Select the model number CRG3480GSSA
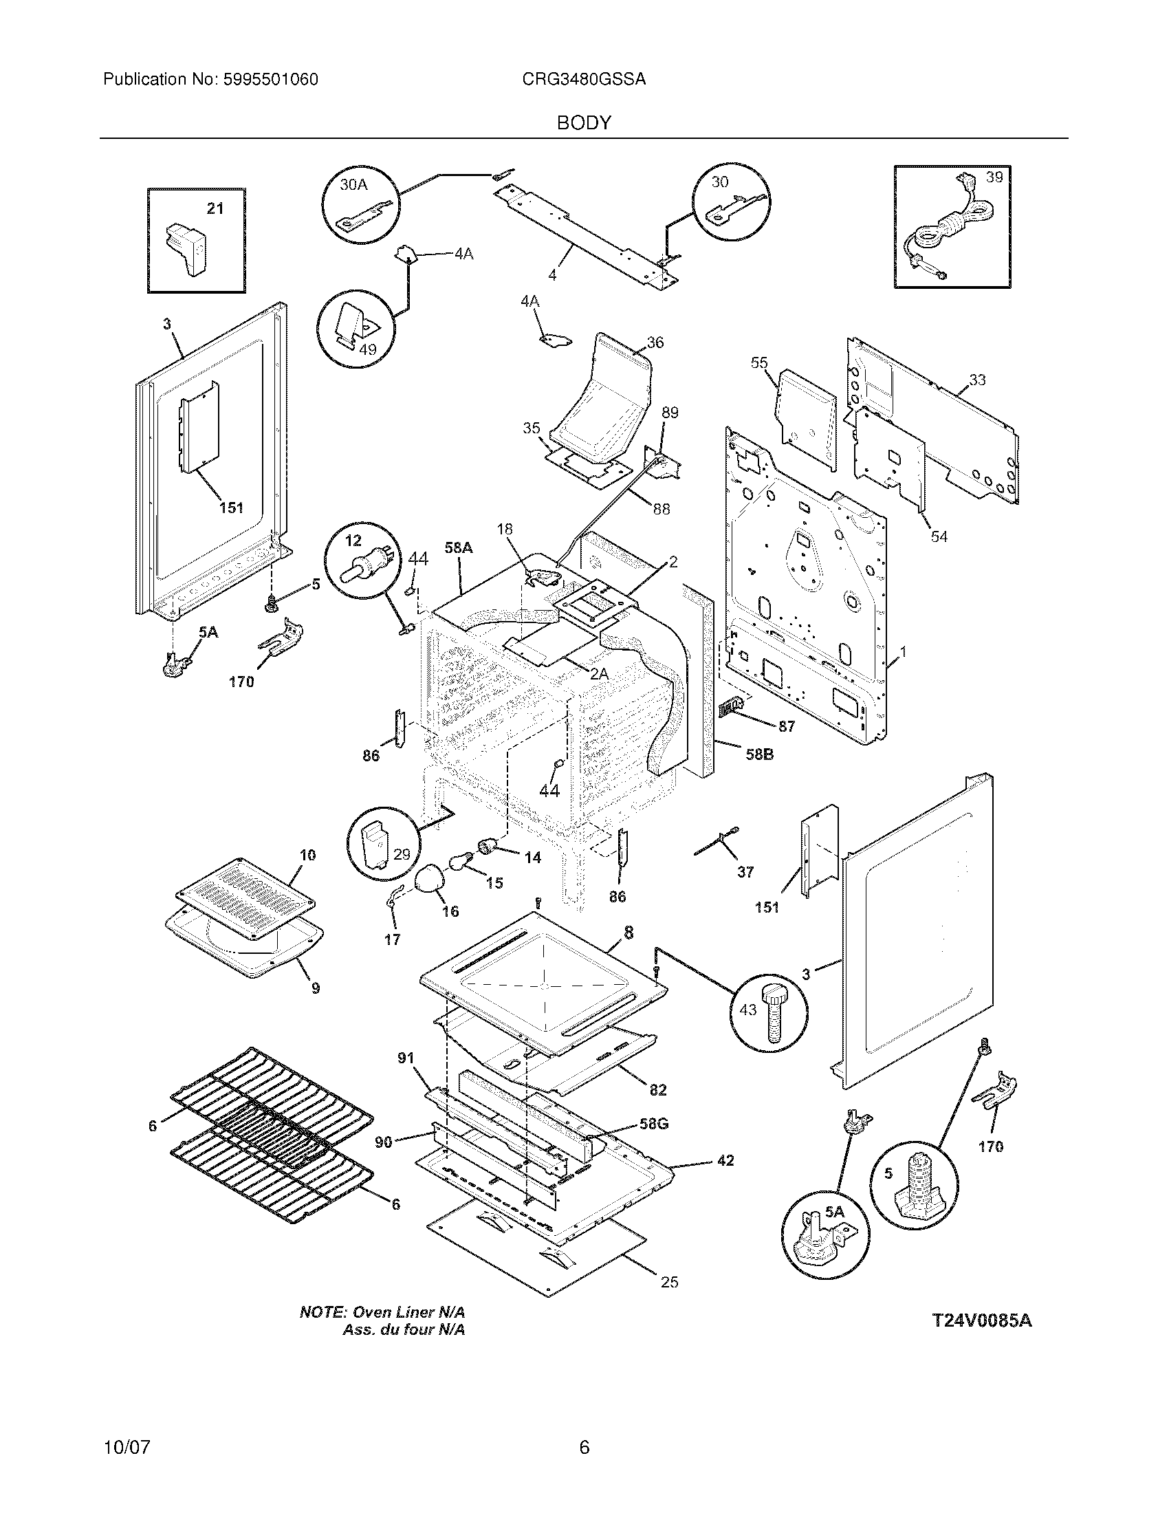click(584, 80)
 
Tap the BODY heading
click(584, 123)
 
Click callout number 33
click(977, 380)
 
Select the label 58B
click(759, 754)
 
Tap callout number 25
click(669, 1283)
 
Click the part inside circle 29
click(378, 843)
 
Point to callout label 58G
click(653, 1124)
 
